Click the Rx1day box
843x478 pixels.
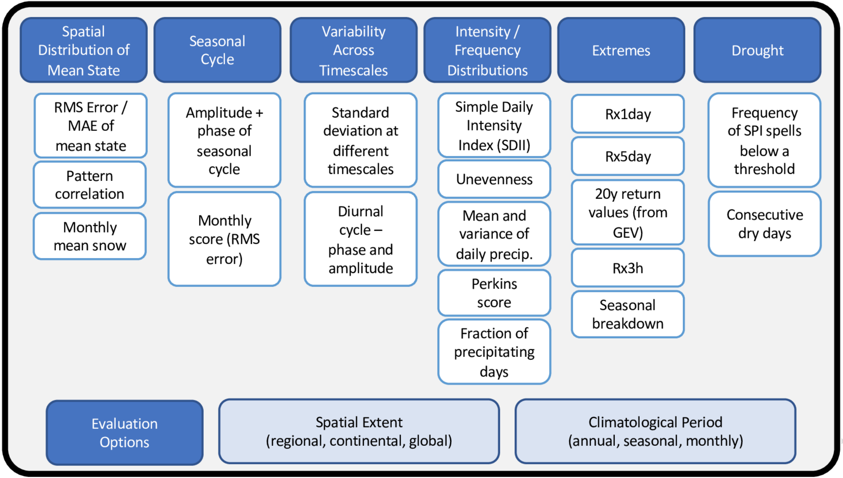(627, 114)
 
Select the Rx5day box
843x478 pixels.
(627, 156)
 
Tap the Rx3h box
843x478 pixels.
(627, 268)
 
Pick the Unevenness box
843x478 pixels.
(494, 179)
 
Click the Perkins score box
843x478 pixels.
(494, 293)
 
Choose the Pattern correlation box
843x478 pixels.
(89, 185)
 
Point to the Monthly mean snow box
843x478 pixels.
(89, 236)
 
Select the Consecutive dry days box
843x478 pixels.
(764, 224)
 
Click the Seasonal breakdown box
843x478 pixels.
(627, 314)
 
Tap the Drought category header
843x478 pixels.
(757, 50)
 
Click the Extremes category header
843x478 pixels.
(621, 50)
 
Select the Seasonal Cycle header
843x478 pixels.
(217, 50)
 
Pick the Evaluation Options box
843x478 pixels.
(124, 432)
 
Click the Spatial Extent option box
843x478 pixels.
(359, 431)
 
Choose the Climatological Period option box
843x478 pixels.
(655, 431)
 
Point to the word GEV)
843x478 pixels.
(628, 232)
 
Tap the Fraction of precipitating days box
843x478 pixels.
(494, 352)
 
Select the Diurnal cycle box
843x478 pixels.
(360, 239)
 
